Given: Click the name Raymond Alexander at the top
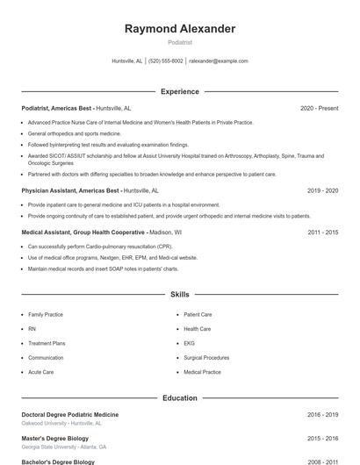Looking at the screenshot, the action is click(180, 29).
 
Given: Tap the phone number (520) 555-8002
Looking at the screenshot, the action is click(166, 61).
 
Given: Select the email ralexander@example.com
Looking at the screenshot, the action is click(219, 61).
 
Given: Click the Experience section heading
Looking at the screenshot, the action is click(180, 91).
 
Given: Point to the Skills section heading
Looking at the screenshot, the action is click(180, 295).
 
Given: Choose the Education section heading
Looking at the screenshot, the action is click(180, 397).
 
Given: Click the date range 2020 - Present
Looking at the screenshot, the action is click(319, 108).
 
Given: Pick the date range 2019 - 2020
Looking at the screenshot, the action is click(322, 190).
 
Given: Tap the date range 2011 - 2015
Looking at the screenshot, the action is click(322, 232).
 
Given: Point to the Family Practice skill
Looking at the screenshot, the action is click(46, 314).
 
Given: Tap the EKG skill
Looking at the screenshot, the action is click(189, 343).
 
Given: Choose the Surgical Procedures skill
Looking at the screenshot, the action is click(206, 358).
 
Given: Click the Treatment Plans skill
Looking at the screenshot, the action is click(47, 343).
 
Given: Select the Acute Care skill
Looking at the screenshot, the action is click(41, 372).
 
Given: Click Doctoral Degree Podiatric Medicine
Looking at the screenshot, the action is click(70, 414).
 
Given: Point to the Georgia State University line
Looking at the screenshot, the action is click(64, 447).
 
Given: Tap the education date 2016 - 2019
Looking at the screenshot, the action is click(322, 414).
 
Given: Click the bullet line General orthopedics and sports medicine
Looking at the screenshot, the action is click(75, 133).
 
